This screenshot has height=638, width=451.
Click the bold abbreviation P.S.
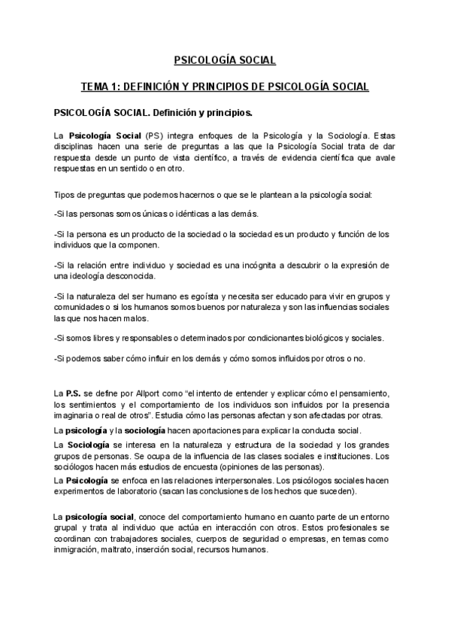(73, 394)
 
